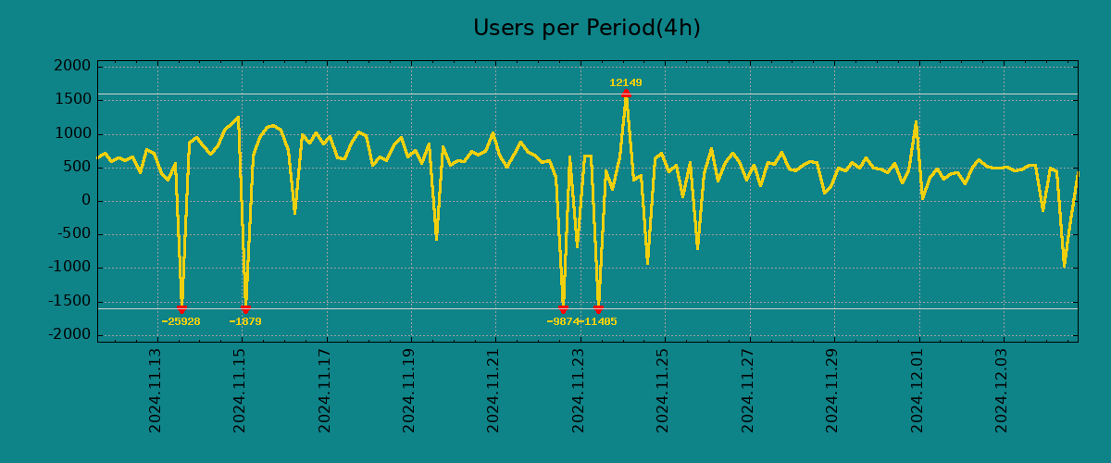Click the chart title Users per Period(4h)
(x=586, y=28)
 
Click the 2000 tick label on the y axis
(x=73, y=66)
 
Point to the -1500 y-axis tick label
(x=69, y=301)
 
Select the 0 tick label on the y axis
(x=86, y=200)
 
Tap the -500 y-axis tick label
(x=73, y=234)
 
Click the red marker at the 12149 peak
(x=626, y=94)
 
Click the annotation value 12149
(x=625, y=82)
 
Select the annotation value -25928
(x=181, y=321)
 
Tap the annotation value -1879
(x=245, y=321)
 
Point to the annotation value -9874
(x=563, y=321)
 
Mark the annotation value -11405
(x=600, y=321)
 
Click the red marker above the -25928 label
(x=181, y=308)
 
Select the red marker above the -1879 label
(x=245, y=308)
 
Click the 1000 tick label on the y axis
(x=73, y=133)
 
